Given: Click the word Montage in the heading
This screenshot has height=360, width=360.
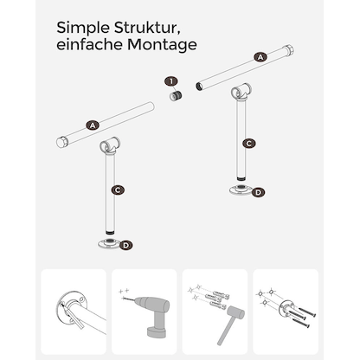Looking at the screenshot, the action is [162, 45].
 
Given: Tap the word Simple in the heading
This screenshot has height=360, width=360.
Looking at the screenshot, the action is [83, 29].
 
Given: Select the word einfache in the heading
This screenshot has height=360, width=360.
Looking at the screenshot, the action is [90, 45].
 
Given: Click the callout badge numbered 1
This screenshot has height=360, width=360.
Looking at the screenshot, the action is [171, 81].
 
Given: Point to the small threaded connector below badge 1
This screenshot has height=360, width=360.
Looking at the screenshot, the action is [176, 95].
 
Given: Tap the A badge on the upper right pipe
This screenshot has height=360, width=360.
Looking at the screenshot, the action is [260, 57].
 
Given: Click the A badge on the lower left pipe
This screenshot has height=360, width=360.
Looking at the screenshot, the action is [93, 125].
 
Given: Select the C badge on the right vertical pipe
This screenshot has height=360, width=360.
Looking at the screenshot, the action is [249, 144].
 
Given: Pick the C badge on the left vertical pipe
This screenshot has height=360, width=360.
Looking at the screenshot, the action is [118, 190].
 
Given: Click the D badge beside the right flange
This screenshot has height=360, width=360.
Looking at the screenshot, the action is [258, 192].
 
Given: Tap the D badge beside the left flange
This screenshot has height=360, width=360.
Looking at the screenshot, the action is [126, 246].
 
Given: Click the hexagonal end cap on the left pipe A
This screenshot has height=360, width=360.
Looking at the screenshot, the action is [61, 143].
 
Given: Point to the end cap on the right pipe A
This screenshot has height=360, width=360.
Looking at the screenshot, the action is [289, 50].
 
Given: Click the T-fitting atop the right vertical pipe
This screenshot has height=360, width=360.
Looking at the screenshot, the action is [241, 92].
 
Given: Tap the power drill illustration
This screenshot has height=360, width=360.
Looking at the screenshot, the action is [151, 314].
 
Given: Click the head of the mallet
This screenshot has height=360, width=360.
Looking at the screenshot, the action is [236, 312].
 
